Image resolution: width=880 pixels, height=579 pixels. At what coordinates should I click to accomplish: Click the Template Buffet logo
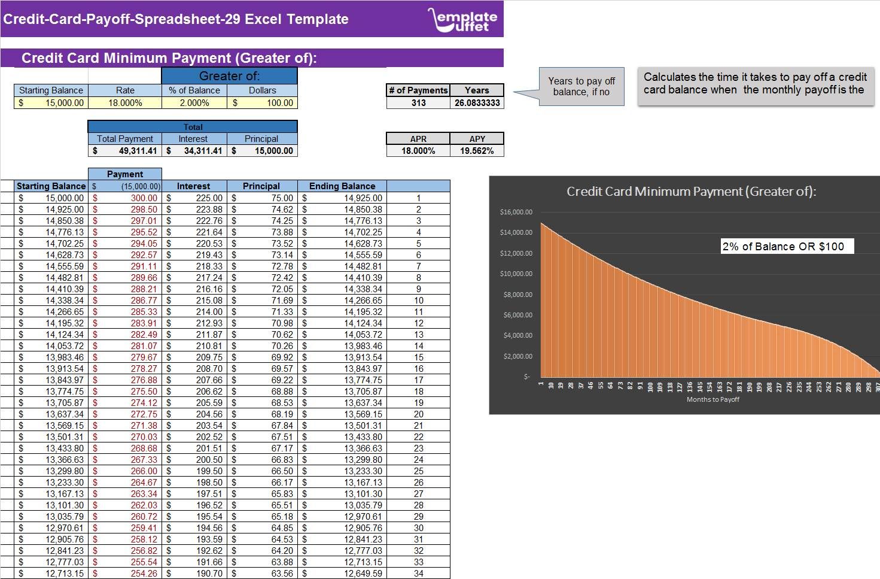(x=463, y=20)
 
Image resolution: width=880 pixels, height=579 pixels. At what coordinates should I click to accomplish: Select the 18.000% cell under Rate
(x=125, y=103)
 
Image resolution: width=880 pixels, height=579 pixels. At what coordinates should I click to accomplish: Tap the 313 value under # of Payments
(x=418, y=103)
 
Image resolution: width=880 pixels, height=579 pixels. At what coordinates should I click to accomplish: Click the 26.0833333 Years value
(x=477, y=103)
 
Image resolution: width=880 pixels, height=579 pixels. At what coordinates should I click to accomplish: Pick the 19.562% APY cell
(x=477, y=151)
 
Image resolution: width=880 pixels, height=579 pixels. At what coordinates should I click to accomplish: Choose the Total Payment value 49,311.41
(x=137, y=151)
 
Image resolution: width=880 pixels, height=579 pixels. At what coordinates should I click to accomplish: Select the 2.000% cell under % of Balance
(x=194, y=103)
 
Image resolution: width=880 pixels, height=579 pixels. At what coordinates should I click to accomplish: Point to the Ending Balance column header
(x=342, y=186)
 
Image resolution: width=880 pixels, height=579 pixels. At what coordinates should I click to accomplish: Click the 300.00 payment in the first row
(x=144, y=198)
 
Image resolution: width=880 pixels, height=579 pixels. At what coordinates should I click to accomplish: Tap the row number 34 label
(x=419, y=574)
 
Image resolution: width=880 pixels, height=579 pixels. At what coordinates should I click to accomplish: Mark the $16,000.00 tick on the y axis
(x=516, y=212)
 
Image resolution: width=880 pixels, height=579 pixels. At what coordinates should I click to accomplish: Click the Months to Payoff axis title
(x=712, y=399)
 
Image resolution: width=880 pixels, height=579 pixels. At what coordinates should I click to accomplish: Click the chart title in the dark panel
(x=691, y=192)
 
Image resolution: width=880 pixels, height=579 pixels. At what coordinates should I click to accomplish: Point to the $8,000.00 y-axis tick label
(x=516, y=295)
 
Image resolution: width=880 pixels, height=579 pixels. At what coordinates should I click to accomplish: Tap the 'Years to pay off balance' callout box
(x=581, y=87)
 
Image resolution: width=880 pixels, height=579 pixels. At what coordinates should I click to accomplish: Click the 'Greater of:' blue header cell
(x=229, y=76)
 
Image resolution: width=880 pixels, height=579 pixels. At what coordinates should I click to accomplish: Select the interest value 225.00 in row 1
(x=209, y=198)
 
